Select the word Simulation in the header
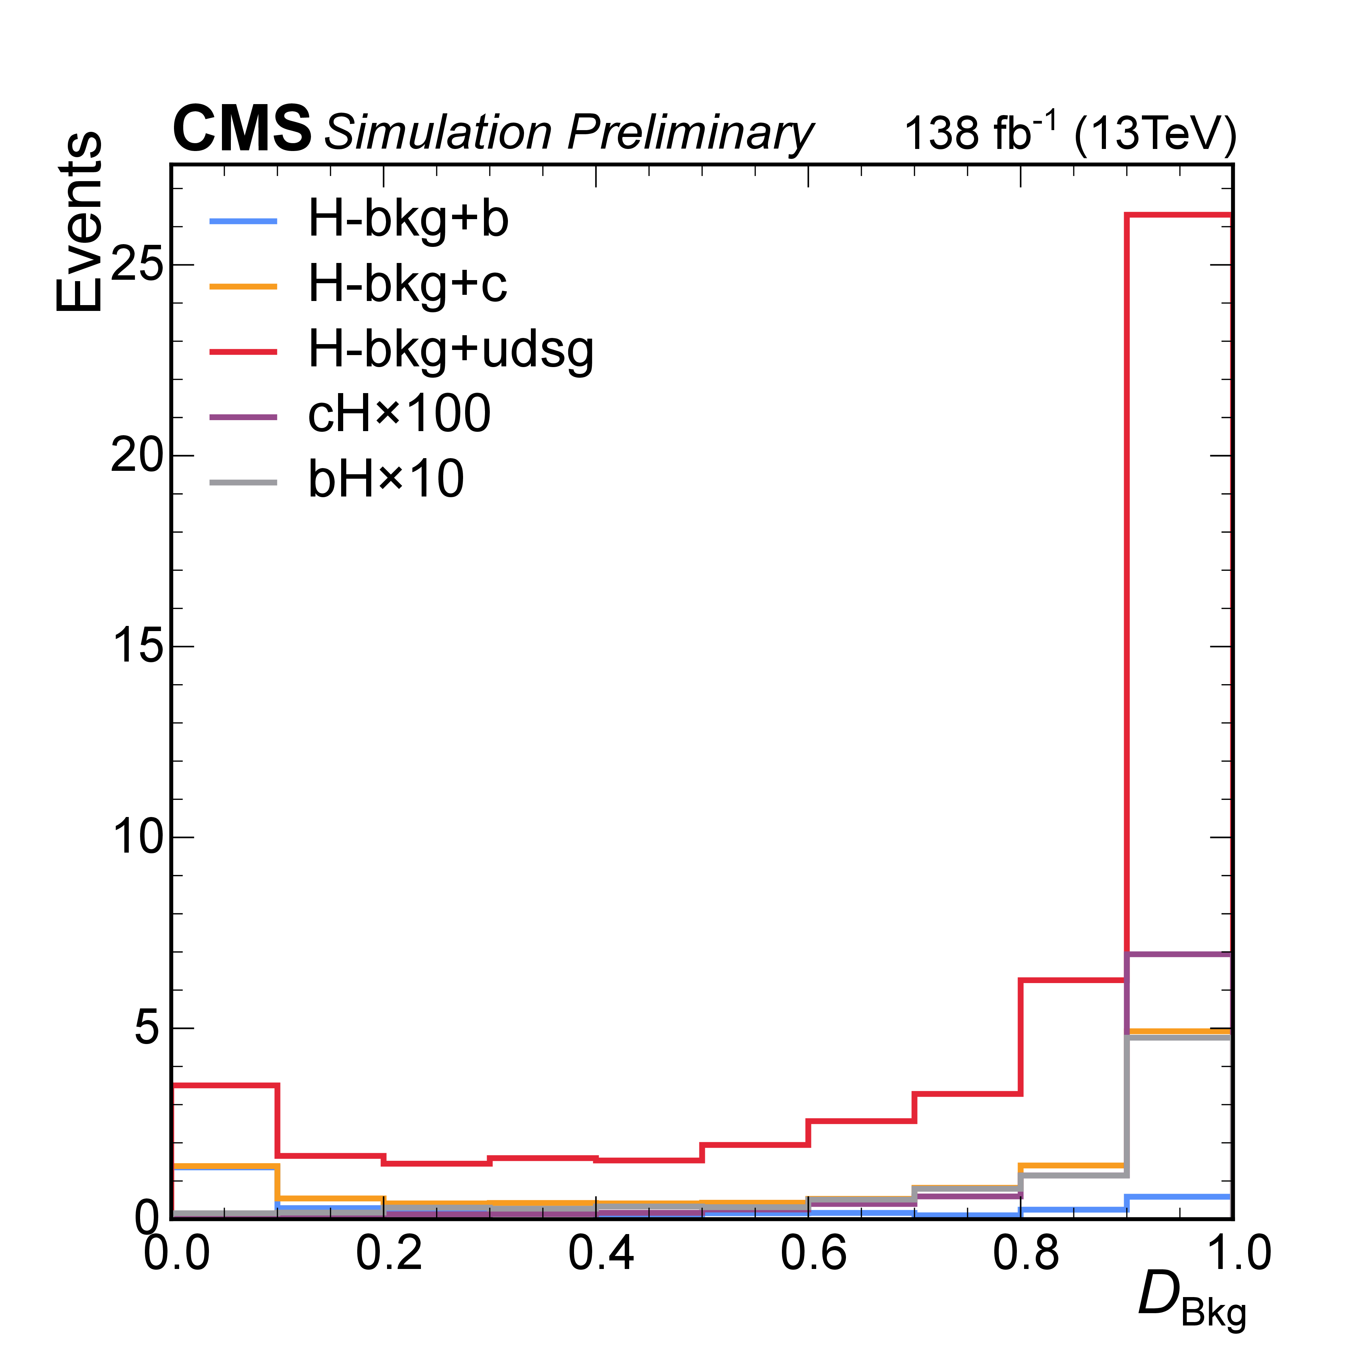(x=437, y=133)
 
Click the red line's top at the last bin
(x=1179, y=214)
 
